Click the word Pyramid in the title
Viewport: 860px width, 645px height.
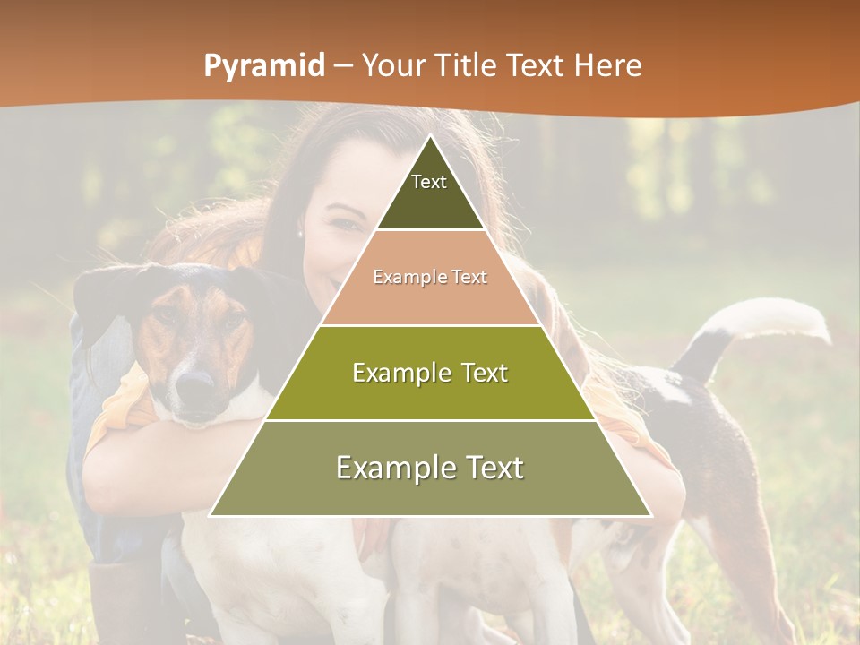(x=263, y=66)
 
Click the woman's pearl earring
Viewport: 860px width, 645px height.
(x=300, y=234)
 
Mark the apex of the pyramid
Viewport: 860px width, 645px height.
(x=430, y=137)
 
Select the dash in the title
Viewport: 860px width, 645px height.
(x=343, y=66)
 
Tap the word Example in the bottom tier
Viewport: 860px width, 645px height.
(x=395, y=469)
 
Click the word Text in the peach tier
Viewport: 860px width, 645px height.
(x=469, y=278)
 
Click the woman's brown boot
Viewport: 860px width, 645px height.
(x=125, y=600)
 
